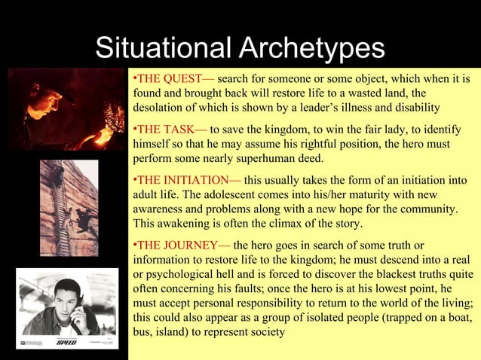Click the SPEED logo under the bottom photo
tap(66, 342)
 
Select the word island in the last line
tap(170, 332)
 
